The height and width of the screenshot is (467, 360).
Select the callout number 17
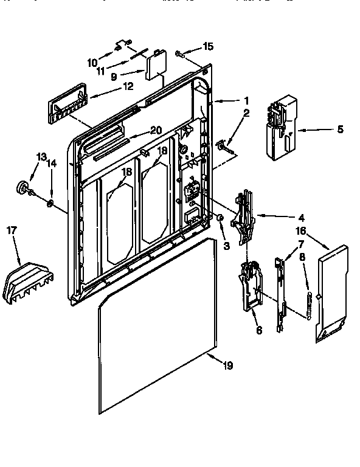point(12,230)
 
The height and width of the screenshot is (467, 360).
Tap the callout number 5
point(339,129)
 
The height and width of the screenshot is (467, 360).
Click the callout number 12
point(128,86)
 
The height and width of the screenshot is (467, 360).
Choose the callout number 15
point(209,46)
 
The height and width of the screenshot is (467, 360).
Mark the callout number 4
point(302,217)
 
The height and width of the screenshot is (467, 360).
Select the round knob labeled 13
point(24,188)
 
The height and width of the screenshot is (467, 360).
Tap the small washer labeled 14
point(50,201)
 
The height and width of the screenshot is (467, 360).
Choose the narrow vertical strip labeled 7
point(280,292)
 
